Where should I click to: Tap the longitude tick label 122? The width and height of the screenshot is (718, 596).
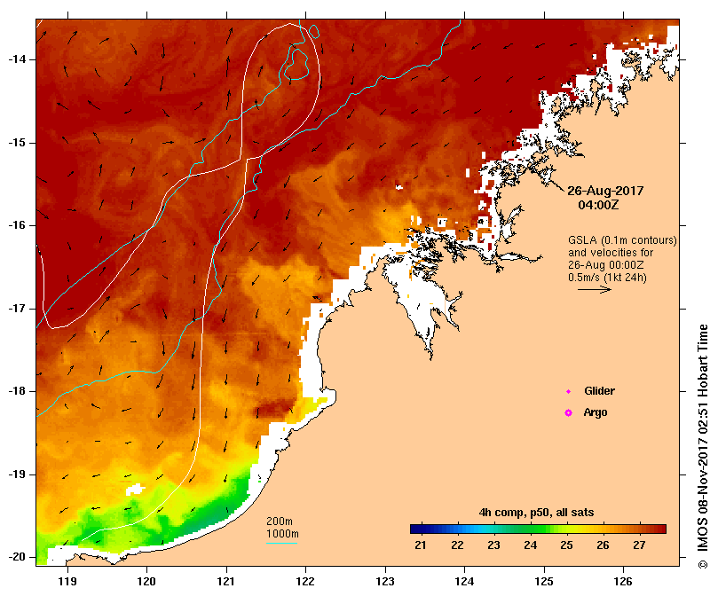[305, 581]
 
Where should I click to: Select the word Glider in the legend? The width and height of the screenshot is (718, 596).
[599, 390]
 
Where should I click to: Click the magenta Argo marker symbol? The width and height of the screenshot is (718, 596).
[569, 412]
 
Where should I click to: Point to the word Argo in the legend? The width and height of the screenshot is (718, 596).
[596, 412]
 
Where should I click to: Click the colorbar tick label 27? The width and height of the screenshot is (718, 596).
[640, 544]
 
